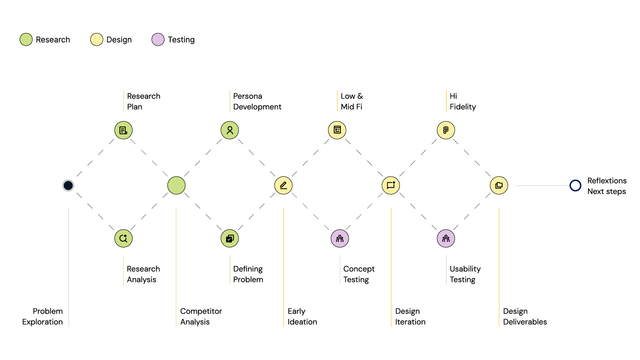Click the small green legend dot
pos(26,39)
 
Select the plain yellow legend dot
pos(97,39)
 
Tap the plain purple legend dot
pos(158,39)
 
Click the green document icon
pos(123,130)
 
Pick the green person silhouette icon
pos(230,130)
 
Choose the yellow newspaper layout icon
pos(337,130)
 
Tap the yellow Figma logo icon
pos(446,130)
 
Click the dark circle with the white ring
pos(68,185)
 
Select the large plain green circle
pos(176,185)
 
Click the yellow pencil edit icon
pos(283,185)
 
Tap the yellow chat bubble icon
pos(391,185)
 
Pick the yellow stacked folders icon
pos(499,185)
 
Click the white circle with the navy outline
pos(575,185)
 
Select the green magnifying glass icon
pos(123,238)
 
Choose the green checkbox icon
pos(230,238)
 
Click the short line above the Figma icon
pos(446,101)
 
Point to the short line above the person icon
pos(230,101)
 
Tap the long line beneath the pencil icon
pos(284,267)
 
